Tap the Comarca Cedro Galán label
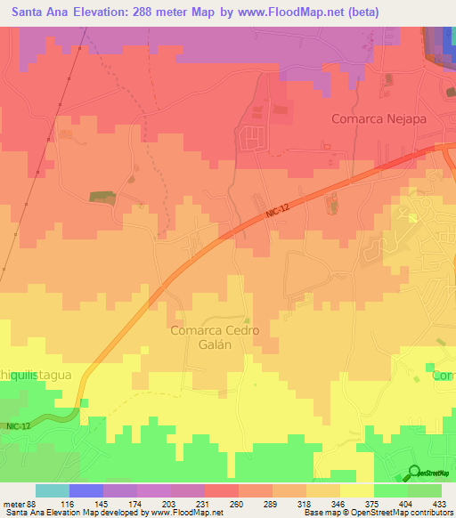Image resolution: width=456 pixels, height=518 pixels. pyautogui.click(x=215, y=338)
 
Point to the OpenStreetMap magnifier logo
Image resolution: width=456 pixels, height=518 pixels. pyautogui.click(x=413, y=473)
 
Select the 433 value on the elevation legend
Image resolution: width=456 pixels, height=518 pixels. pyautogui.click(x=441, y=502)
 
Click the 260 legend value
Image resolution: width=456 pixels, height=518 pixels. pyautogui.click(x=238, y=502)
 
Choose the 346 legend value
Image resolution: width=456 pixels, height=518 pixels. pyautogui.click(x=339, y=502)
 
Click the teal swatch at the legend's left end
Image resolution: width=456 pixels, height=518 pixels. pyautogui.click(x=53, y=490)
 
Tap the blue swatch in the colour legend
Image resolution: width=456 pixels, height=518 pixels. pyautogui.click(x=86, y=490)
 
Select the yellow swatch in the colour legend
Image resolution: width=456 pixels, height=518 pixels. pyautogui.click(x=356, y=490)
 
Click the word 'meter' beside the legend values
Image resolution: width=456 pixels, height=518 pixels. pyautogui.click(x=14, y=502)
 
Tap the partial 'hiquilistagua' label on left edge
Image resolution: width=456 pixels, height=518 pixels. pyautogui.click(x=36, y=376)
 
